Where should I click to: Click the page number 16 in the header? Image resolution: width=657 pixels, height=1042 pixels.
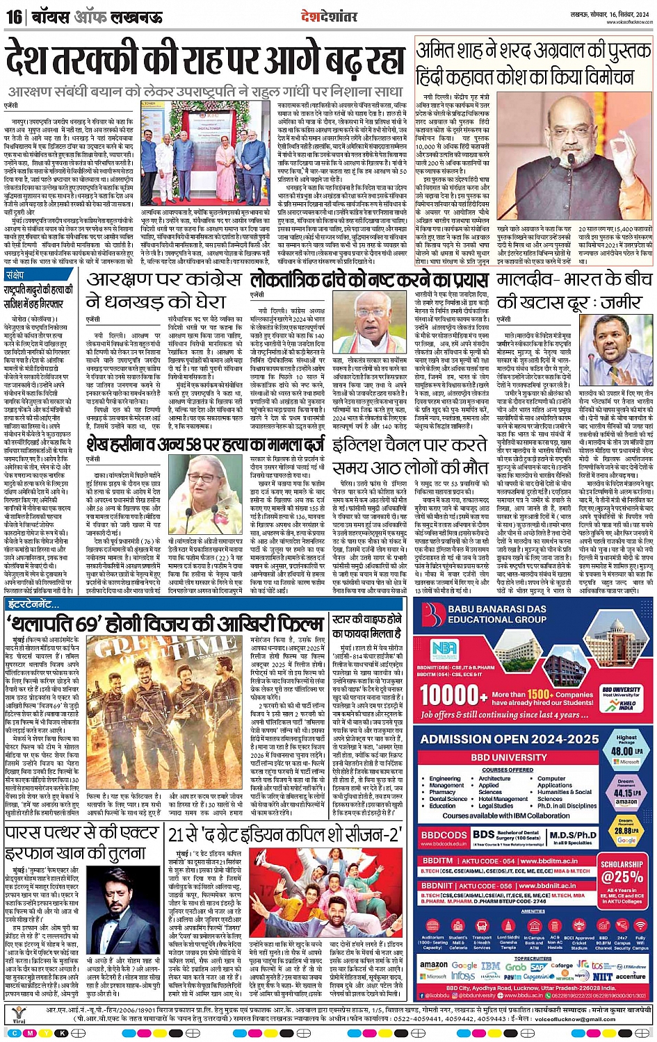pyautogui.click(x=13, y=16)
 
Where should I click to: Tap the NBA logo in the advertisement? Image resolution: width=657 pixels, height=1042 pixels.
pyautogui.click(x=444, y=650)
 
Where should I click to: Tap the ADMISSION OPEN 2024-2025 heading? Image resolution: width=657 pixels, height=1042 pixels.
pyautogui.click(x=510, y=740)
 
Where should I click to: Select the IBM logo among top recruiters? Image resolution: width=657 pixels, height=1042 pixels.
pyautogui.click(x=491, y=966)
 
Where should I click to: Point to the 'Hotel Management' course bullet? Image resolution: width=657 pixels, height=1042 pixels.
pyautogui.click(x=503, y=799)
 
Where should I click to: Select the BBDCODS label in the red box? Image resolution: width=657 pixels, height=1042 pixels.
pyautogui.click(x=444, y=835)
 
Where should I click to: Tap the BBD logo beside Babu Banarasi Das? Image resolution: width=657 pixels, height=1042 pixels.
pyautogui.click(x=434, y=613)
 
